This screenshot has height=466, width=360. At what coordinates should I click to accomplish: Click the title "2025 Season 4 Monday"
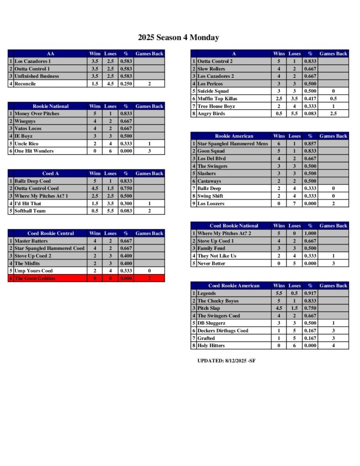tap(178, 38)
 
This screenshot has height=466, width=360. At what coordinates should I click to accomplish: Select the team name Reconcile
tap(25, 84)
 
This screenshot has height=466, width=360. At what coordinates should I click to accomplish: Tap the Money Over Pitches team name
tap(37, 113)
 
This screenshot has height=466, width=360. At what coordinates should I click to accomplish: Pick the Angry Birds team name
tap(212, 113)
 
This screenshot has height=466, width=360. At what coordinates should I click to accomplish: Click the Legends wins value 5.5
tap(279, 294)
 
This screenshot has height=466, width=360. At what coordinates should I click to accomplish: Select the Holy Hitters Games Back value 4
tap(333, 346)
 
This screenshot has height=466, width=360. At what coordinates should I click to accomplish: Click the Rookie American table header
tap(234, 136)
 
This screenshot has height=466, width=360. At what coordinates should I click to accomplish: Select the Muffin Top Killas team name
tap(217, 99)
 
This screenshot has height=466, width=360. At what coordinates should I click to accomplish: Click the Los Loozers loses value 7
tap(294, 203)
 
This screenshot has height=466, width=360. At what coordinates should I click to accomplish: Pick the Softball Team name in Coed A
tap(30, 211)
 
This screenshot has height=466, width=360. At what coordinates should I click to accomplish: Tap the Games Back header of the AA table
tap(149, 54)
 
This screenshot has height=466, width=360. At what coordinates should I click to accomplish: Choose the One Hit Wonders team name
tap(34, 151)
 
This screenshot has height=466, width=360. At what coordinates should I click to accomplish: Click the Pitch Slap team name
tap(209, 309)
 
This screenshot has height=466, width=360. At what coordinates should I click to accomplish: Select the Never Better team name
tap(212, 263)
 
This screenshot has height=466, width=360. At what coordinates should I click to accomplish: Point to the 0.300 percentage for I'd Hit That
tap(126, 203)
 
